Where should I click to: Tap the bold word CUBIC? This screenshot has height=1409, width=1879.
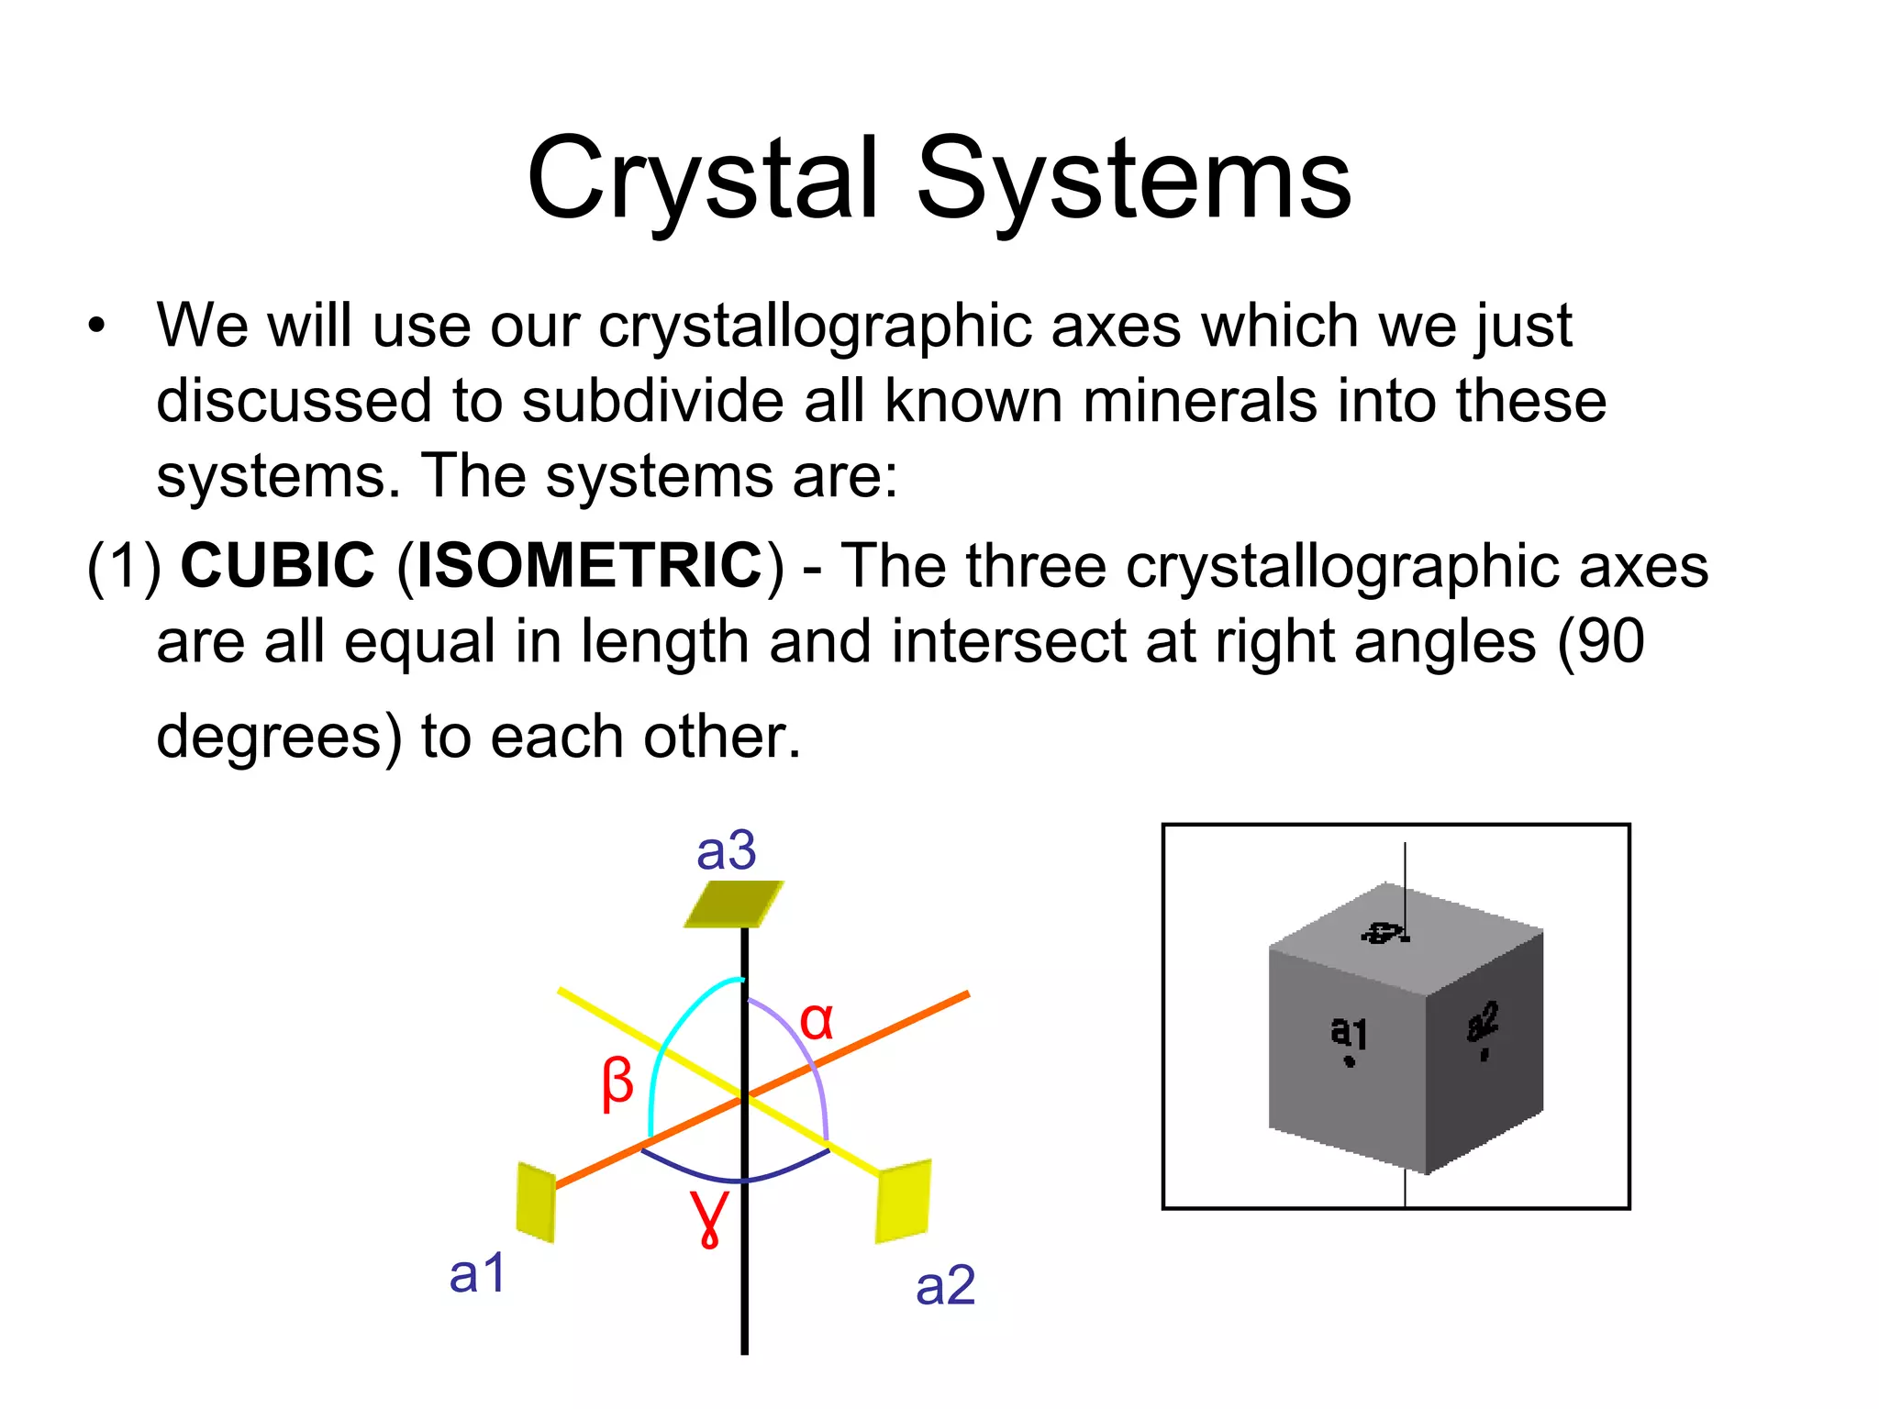[x=277, y=565]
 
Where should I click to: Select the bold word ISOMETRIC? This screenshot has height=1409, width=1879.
[x=590, y=565]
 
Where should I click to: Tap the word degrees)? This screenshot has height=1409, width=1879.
[x=279, y=737]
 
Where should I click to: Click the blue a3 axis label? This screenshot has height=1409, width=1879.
[x=726, y=850]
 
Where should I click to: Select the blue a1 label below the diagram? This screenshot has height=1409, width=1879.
[x=477, y=1273]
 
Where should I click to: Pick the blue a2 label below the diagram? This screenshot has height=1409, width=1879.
[x=945, y=1285]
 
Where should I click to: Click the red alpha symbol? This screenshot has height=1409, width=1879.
[x=817, y=1020]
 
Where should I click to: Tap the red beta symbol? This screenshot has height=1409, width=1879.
[x=617, y=1082]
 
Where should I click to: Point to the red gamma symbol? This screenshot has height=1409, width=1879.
[x=710, y=1216]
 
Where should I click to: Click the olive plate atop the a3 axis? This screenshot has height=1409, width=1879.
[x=734, y=904]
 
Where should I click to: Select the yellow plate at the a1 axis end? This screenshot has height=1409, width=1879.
[x=536, y=1202]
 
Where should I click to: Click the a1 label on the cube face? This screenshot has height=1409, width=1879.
[x=1349, y=1033]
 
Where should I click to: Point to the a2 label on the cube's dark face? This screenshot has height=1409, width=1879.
[x=1482, y=1022]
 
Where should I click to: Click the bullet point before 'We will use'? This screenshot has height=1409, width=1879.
[x=97, y=327]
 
